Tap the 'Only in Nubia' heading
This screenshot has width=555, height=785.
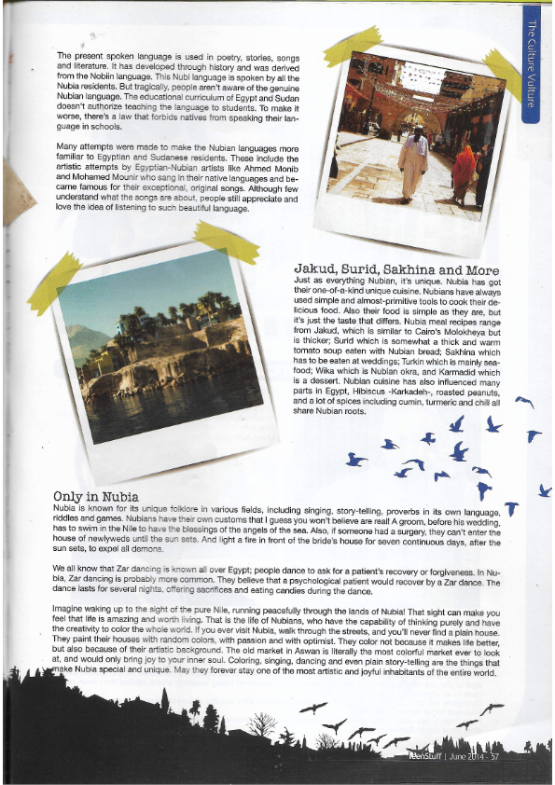pos(96,496)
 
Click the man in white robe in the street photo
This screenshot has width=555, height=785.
pos(411,159)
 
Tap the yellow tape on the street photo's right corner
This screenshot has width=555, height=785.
pos(502,76)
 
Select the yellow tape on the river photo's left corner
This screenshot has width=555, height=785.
pos(54,282)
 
